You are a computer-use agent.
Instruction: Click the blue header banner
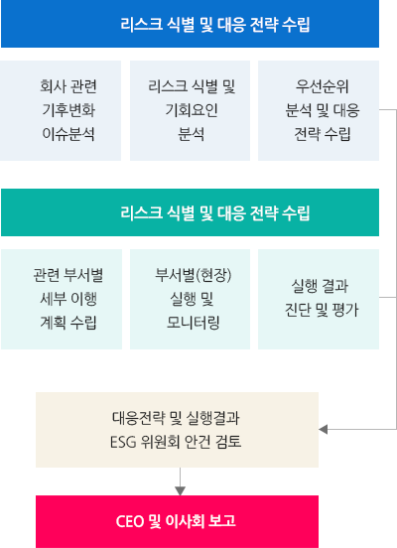coord(191,24)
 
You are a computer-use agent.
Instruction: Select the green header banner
coord(191,212)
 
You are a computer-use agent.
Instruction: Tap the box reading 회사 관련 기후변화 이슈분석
coord(61,110)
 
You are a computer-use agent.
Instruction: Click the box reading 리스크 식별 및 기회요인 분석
coord(191,110)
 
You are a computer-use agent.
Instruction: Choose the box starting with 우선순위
coord(319,110)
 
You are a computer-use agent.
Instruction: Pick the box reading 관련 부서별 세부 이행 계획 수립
coord(62,299)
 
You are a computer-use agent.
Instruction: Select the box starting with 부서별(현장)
coord(191,299)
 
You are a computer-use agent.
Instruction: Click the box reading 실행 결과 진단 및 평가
coord(319,299)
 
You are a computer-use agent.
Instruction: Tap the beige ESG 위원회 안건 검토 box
coord(178,430)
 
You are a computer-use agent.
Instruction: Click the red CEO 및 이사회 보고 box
coord(178,521)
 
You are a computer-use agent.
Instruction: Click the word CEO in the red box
coord(130,521)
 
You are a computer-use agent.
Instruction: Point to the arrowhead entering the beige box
coord(323,430)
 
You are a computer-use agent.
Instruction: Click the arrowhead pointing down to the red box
coord(180,491)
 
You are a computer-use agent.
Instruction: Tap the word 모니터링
coord(194,323)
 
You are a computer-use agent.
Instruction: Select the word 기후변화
coord(68,110)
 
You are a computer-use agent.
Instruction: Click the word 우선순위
coord(323,86)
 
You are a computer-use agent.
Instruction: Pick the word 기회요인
coord(192,110)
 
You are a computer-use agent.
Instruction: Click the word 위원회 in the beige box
coord(161,442)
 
